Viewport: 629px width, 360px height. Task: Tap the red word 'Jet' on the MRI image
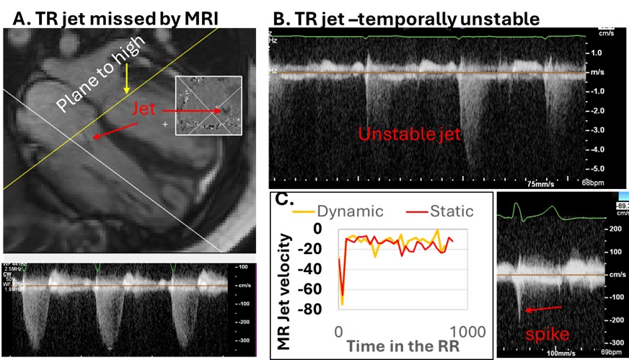coord(144,108)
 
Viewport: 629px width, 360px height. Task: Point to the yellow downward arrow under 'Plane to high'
coord(126,79)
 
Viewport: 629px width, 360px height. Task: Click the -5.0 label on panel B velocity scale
coord(596,167)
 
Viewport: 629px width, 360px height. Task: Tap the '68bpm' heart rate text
coord(591,184)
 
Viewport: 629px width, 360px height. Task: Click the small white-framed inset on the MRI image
coord(208,105)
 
